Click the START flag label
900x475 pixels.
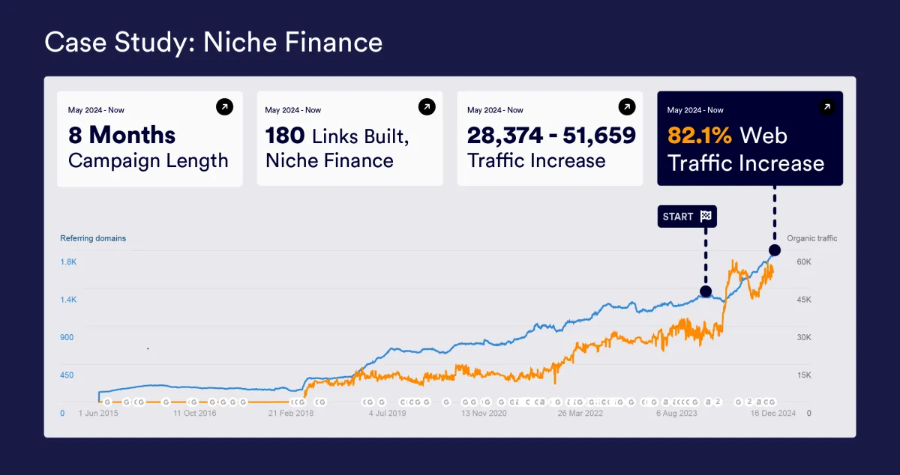click(x=687, y=217)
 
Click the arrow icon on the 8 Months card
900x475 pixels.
click(x=224, y=107)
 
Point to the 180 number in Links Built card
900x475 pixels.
click(x=285, y=136)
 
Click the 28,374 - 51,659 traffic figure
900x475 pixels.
click(x=550, y=136)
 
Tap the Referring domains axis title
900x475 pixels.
click(x=93, y=238)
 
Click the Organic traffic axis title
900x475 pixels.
click(x=811, y=238)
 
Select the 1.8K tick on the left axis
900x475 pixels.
click(x=68, y=262)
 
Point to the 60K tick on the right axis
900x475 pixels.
click(x=804, y=262)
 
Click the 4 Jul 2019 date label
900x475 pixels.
click(x=387, y=413)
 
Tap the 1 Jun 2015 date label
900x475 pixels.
click(x=98, y=413)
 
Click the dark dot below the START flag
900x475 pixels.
click(x=705, y=291)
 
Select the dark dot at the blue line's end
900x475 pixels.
click(x=774, y=250)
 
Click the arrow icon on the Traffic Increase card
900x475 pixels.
click(x=626, y=107)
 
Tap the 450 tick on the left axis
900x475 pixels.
click(x=67, y=375)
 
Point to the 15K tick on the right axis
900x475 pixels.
click(x=804, y=375)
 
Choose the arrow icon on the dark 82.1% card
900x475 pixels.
click(x=826, y=107)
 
